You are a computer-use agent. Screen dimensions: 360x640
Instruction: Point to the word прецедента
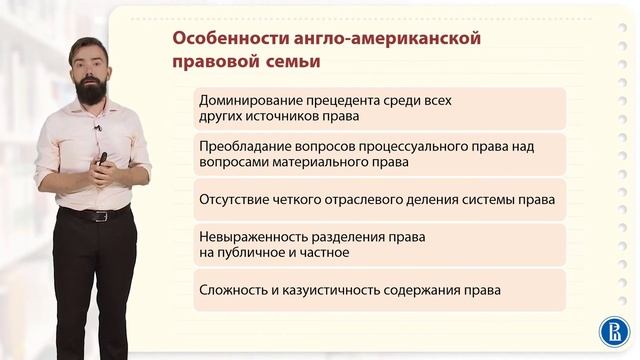346,101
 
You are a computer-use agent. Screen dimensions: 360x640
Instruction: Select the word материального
317,161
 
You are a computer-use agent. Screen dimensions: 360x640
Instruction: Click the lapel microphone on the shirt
98,128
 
